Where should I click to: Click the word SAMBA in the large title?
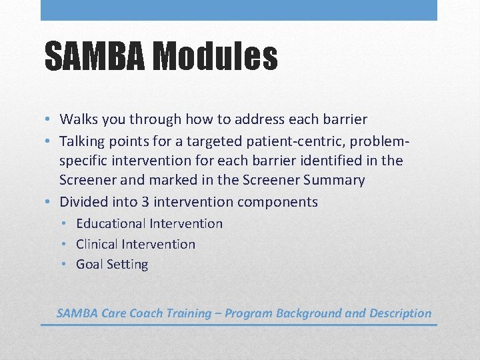94,56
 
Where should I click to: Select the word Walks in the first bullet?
78,120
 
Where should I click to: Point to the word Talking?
82,141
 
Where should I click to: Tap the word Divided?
83,202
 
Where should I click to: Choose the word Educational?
111,224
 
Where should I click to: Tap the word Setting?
127,265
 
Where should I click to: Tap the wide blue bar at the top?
239,10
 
